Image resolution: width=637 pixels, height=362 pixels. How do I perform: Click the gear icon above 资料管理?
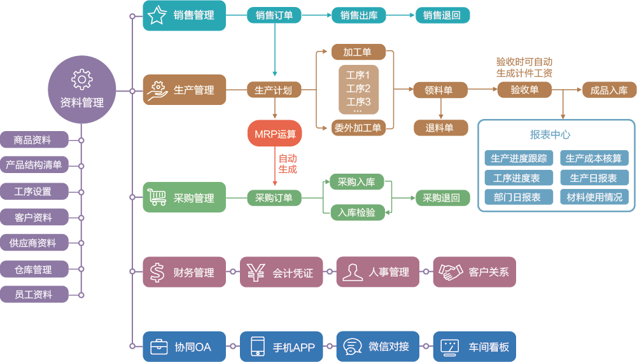pyautogui.click(x=82, y=79)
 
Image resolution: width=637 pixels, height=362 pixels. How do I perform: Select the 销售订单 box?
pyautogui.click(x=274, y=15)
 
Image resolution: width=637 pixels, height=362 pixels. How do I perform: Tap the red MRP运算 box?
pyautogui.click(x=275, y=134)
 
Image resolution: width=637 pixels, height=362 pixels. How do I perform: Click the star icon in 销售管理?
pyautogui.click(x=157, y=15)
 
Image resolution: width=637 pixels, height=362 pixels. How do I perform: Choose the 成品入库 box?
pyautogui.click(x=608, y=90)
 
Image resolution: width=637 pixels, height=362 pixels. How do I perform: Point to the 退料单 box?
pyautogui.click(x=439, y=128)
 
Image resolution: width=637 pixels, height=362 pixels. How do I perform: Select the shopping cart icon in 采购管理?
pyautogui.click(x=157, y=198)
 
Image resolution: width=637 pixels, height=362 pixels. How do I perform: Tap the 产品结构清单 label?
pyautogui.click(x=34, y=165)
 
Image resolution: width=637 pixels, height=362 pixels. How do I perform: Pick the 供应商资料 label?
pyautogui.click(x=34, y=243)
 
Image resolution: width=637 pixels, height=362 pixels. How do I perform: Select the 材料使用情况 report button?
pyautogui.click(x=594, y=197)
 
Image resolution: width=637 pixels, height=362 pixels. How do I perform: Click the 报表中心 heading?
pyautogui.click(x=550, y=135)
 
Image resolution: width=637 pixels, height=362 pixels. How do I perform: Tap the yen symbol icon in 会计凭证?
pyautogui.click(x=256, y=272)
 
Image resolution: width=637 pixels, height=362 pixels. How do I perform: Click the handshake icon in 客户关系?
pyautogui.click(x=450, y=272)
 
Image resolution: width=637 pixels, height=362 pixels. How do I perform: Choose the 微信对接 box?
pyautogui.click(x=377, y=347)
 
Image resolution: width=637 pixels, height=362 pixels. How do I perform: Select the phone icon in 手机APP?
pyautogui.click(x=257, y=347)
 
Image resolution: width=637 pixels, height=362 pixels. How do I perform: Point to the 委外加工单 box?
pyautogui.click(x=357, y=128)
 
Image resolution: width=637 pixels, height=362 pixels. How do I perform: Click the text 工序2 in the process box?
pyautogui.click(x=358, y=88)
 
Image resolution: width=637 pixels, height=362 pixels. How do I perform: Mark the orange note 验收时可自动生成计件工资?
pyautogui.click(x=524, y=67)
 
